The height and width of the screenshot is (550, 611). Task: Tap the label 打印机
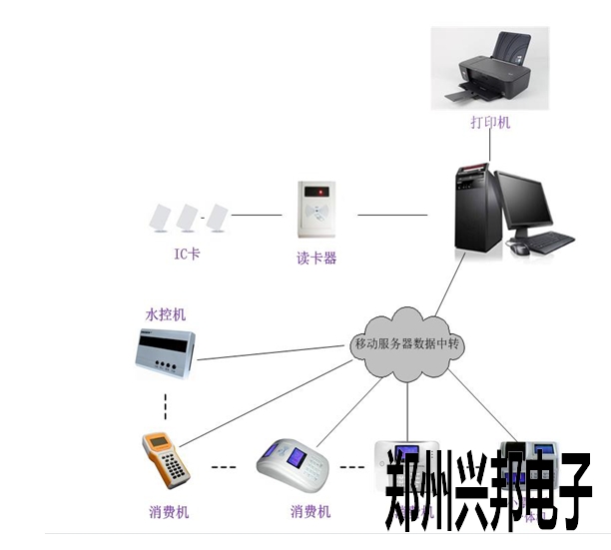coord(490,122)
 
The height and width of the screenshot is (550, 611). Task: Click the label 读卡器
coord(316,258)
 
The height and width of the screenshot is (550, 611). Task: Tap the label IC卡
coord(187,255)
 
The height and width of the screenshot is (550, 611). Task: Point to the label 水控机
coord(166,314)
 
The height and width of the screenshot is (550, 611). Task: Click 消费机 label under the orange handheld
coord(169,512)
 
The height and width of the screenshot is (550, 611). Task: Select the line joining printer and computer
coord(490,147)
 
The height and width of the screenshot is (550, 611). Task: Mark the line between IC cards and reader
coord(257,215)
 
